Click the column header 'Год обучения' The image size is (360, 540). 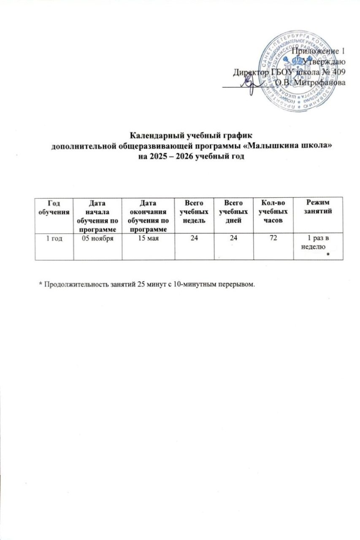click(x=54, y=206)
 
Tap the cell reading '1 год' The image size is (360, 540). click(x=54, y=239)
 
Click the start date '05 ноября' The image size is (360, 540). click(x=97, y=239)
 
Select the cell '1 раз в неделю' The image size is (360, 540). click(x=317, y=243)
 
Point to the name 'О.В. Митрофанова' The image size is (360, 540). click(x=310, y=83)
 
